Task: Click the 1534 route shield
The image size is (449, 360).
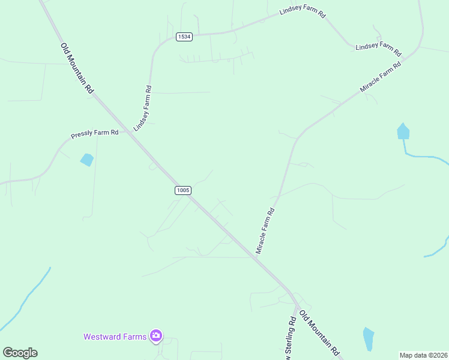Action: click(184, 37)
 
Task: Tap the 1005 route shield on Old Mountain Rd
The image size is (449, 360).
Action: click(183, 190)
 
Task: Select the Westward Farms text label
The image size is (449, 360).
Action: click(115, 337)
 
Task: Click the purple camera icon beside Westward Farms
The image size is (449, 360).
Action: click(156, 336)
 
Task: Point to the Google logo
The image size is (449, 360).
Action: click(20, 353)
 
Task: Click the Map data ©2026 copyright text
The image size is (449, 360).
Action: click(423, 355)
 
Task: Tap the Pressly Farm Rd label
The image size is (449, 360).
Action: click(94, 133)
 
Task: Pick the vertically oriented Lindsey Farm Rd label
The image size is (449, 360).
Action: click(142, 109)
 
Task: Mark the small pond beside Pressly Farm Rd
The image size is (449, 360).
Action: click(87, 160)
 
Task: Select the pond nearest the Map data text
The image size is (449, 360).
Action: click(368, 339)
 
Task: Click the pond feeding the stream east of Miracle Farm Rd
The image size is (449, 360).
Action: click(403, 131)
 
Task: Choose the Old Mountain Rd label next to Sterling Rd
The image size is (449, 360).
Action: click(320, 334)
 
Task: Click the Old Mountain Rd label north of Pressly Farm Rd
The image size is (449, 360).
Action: click(77, 68)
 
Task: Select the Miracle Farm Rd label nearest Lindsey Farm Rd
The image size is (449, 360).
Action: click(380, 76)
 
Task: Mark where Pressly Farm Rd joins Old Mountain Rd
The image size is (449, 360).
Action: click(128, 131)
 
